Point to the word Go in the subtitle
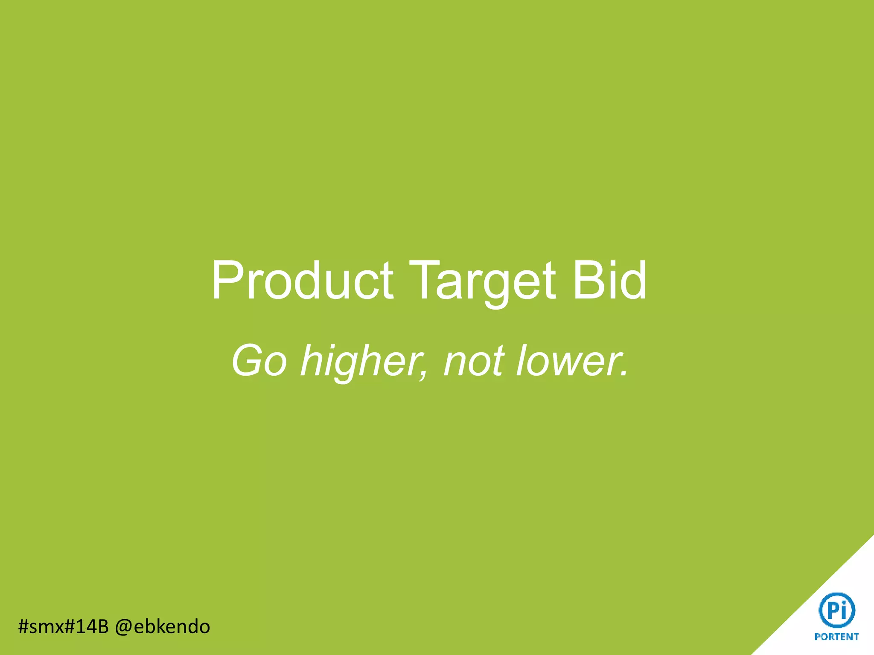[259, 361]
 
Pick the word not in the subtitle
[474, 361]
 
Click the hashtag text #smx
[41, 626]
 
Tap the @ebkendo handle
[163, 626]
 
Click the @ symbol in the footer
[123, 627]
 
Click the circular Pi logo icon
[836, 610]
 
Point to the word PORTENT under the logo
[836, 637]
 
